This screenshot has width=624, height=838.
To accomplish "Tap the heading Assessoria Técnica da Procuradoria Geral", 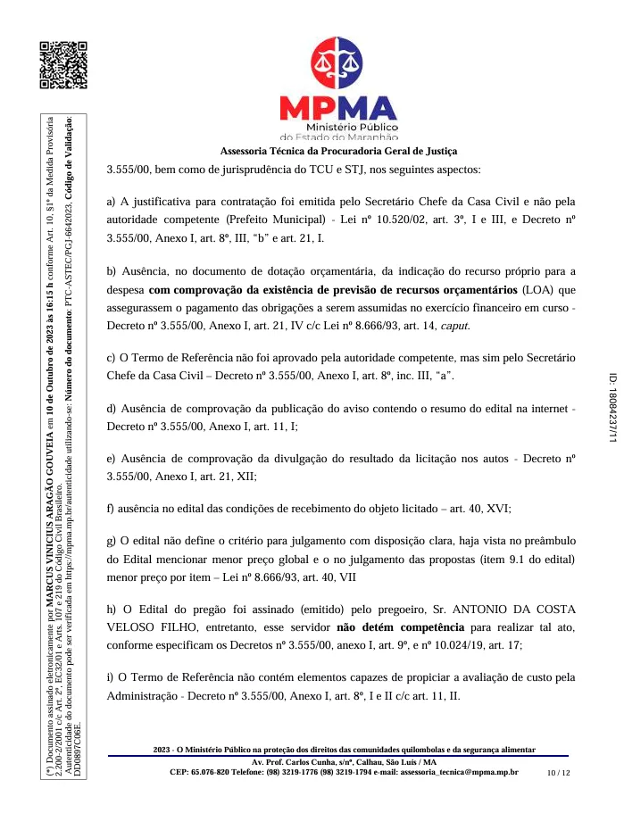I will [338, 151].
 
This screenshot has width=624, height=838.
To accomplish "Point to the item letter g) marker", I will [112, 541].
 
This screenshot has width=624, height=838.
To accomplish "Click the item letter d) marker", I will [112, 408].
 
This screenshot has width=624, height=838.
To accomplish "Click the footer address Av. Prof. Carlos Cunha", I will [294, 761].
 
